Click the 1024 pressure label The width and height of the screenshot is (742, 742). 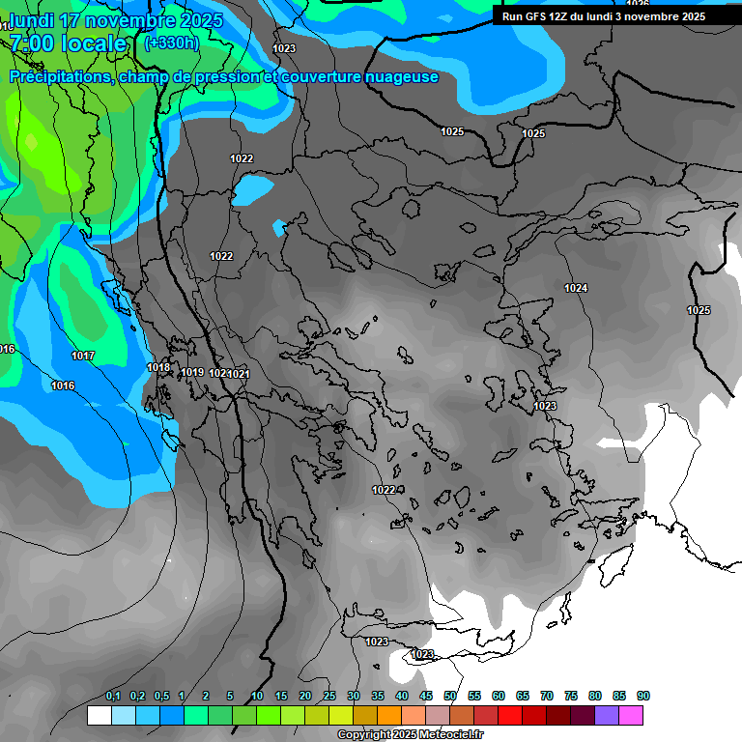click(x=576, y=288)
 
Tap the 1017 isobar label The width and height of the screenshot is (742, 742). click(x=83, y=357)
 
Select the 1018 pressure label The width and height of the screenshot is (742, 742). click(x=158, y=367)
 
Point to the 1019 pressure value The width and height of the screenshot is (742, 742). click(x=192, y=372)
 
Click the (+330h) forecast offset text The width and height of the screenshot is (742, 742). click(x=172, y=43)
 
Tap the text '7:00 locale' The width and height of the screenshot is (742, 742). click(x=69, y=43)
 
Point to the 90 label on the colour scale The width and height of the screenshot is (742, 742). click(x=643, y=696)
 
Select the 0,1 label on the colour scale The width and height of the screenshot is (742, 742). click(x=113, y=696)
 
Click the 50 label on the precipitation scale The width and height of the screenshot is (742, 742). click(x=450, y=696)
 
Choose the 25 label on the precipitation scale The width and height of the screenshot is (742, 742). click(x=329, y=696)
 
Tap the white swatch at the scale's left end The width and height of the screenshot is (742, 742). click(x=99, y=715)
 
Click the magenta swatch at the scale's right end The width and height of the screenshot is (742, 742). click(x=631, y=715)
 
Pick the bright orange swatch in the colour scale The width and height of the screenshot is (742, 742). click(x=388, y=715)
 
